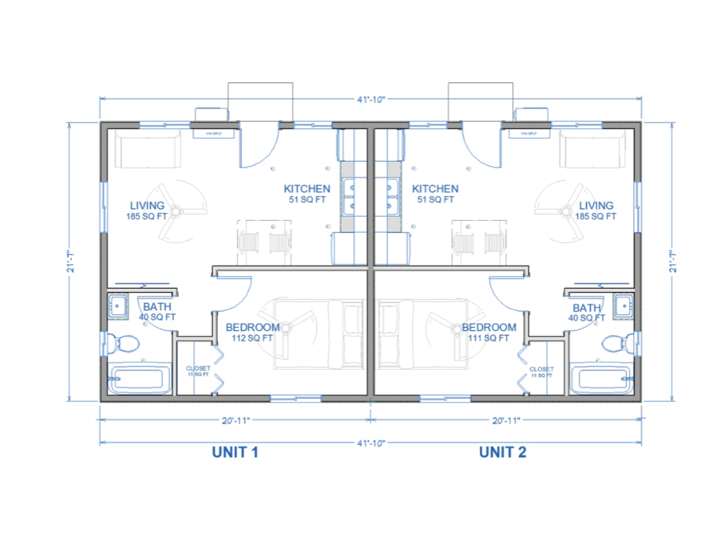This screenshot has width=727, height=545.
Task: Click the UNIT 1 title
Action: pyautogui.click(x=234, y=452)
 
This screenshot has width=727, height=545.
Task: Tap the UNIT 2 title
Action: pyautogui.click(x=502, y=452)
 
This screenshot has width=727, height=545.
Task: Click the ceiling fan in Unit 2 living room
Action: pyautogui.click(x=564, y=210)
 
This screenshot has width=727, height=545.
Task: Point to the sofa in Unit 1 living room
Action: pyautogui.click(x=148, y=150)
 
